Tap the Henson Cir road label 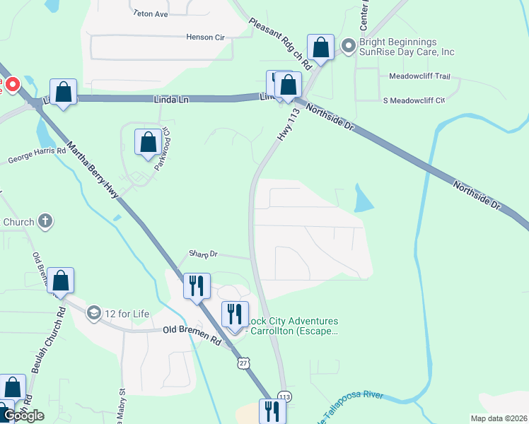coord(204,37)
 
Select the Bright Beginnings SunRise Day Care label coord(407,47)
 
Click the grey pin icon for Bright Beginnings coord(348,47)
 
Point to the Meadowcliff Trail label coord(419,76)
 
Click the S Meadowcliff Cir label coord(413,100)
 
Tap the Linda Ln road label coord(171,100)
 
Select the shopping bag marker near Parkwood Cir coord(149,142)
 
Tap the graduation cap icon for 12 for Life coord(93,312)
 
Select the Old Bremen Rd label coord(192,330)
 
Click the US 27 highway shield coord(243,362)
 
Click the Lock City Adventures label coord(291,326)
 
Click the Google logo coord(23,416)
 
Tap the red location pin coord(12,84)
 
